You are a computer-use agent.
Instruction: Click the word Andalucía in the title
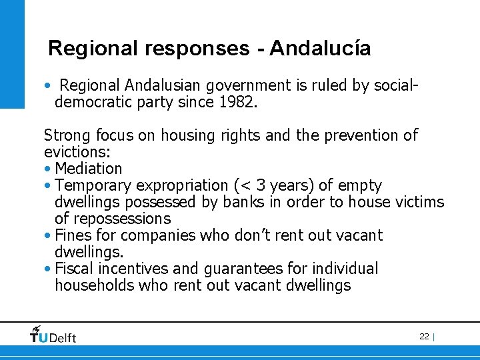point(320,49)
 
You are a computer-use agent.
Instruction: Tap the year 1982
point(237,102)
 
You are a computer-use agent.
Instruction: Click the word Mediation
point(89,169)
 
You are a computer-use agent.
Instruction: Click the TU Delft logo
point(53,335)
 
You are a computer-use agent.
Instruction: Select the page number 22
point(424,337)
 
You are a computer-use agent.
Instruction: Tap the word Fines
point(74,235)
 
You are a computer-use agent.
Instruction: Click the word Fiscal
point(75,269)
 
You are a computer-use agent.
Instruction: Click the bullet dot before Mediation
point(48,169)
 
